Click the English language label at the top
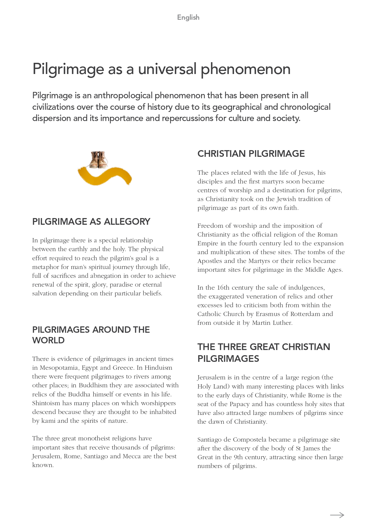coord(188,18)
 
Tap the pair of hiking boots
coord(98,160)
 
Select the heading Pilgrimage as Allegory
coord(91,221)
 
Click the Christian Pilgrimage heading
coord(251,153)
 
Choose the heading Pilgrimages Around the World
coord(91,335)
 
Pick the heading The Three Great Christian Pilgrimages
coord(263,352)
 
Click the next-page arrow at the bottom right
coord(337,515)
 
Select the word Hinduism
coord(158,368)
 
